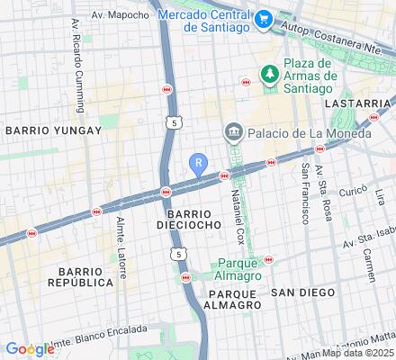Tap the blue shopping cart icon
coord(263,17)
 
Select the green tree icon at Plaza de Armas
coord(267,73)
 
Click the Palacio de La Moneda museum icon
coord(233,134)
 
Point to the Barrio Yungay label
coord(40,130)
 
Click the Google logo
coord(29,349)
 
